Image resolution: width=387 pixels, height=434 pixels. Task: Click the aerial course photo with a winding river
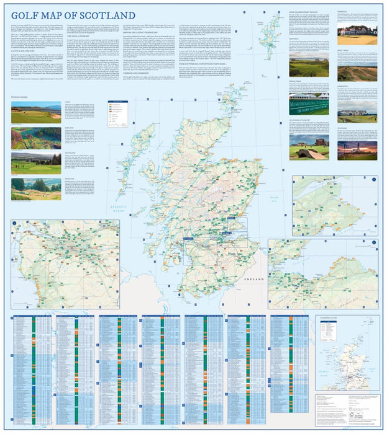pos(36,138)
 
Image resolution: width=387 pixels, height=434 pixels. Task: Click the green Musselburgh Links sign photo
pos(308,104)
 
